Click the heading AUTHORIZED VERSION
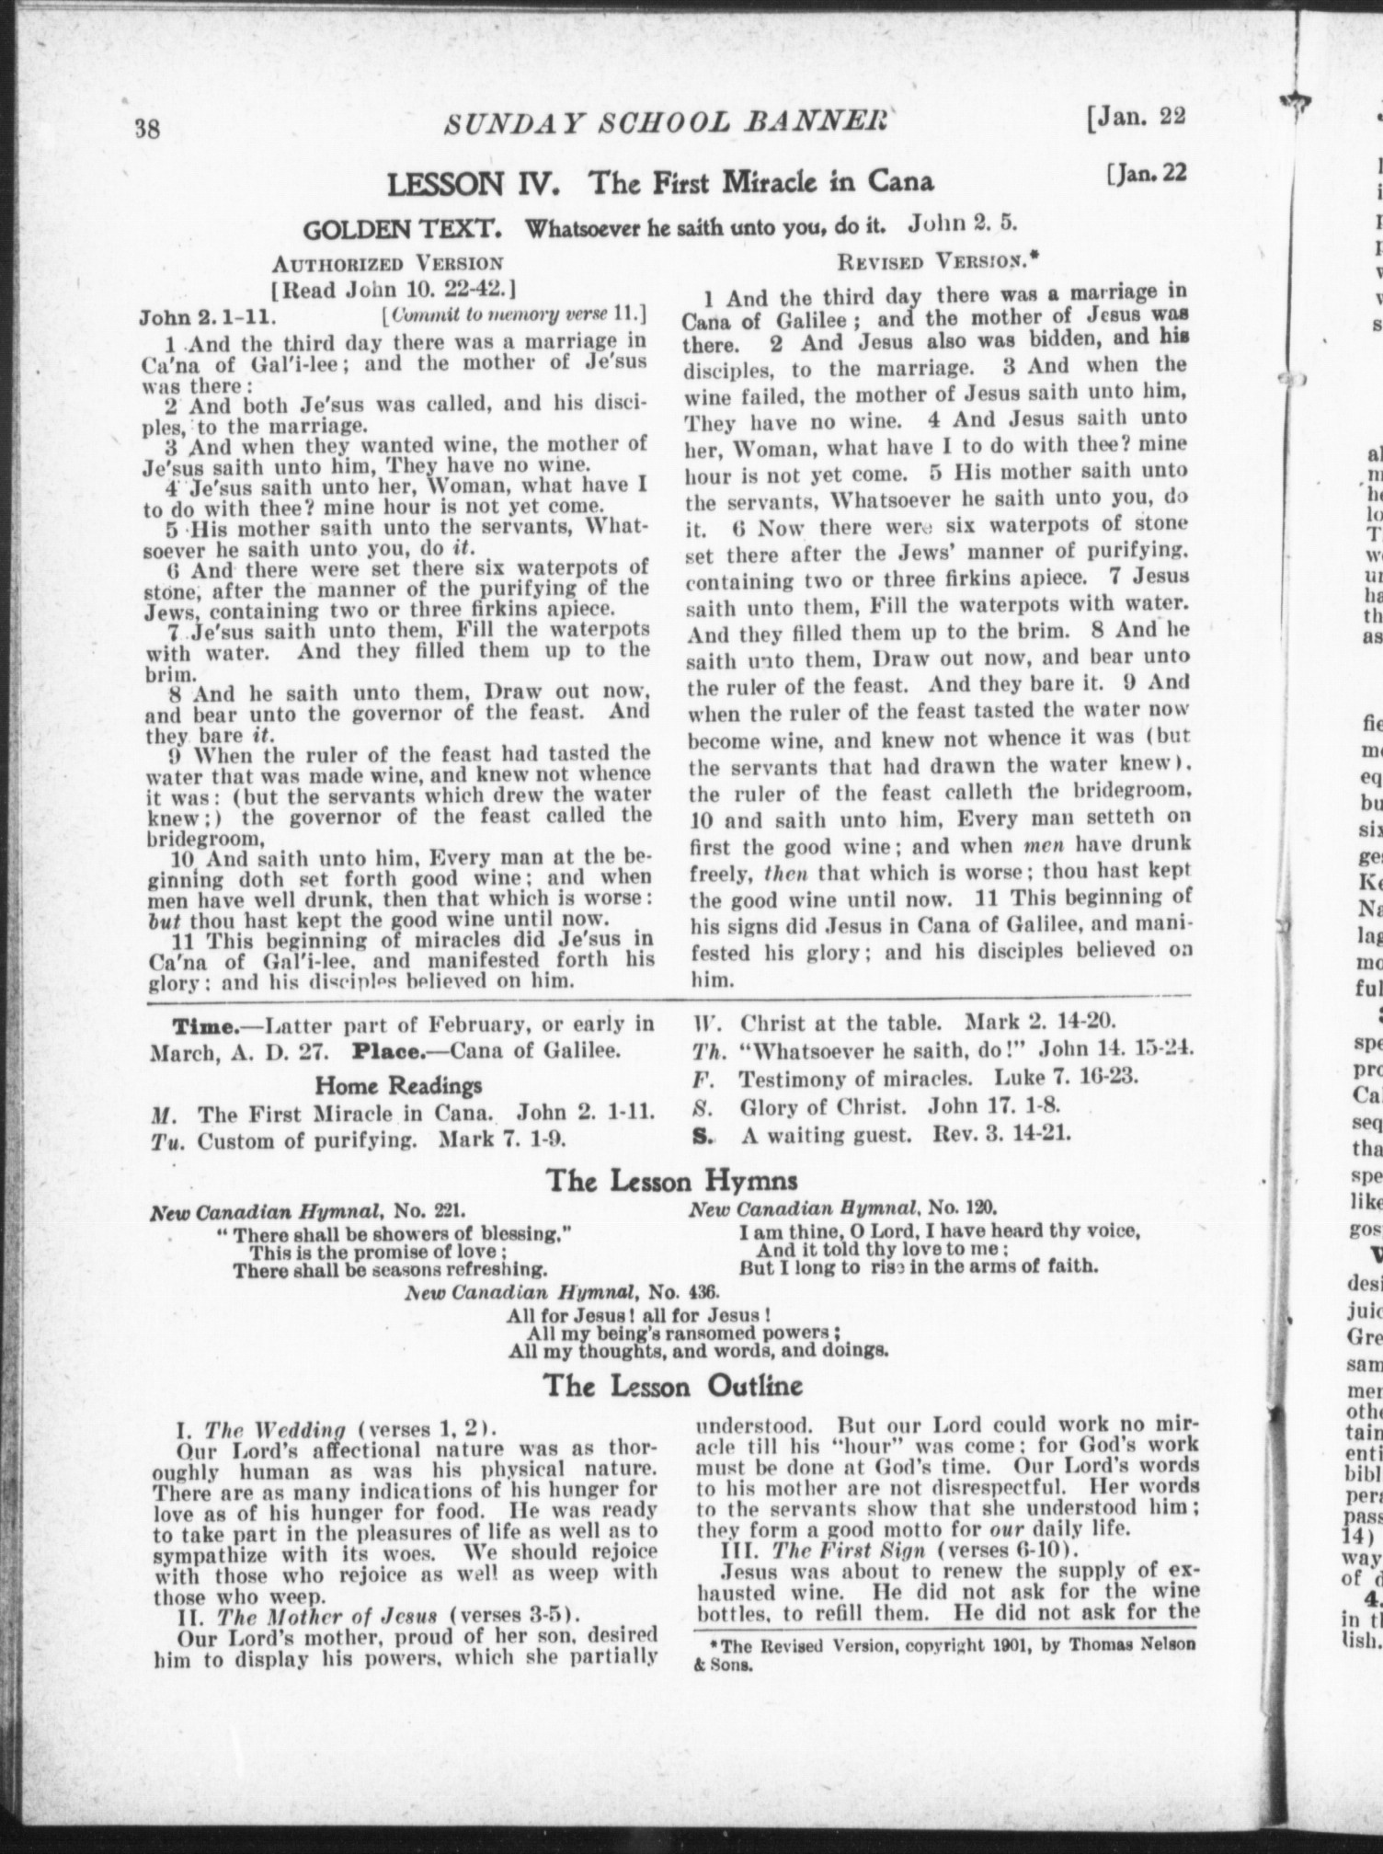[387, 264]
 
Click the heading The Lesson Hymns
[672, 1179]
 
